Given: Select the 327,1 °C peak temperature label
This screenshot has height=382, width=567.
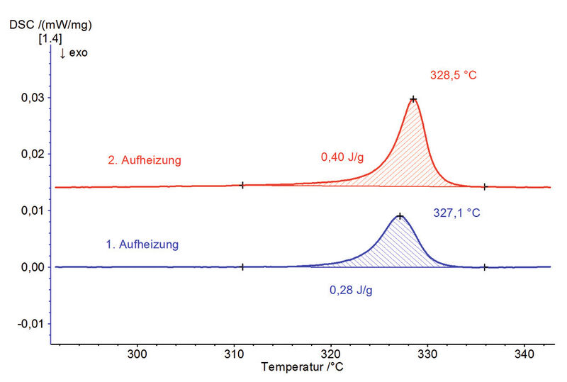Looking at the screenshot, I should point(456,211).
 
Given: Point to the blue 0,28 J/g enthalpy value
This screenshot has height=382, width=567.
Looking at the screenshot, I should point(353,290).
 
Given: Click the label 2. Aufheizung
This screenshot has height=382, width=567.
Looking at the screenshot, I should point(144,160).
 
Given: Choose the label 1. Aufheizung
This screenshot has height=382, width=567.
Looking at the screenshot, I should point(142,245).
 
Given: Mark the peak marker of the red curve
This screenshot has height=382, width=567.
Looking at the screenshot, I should point(413,99).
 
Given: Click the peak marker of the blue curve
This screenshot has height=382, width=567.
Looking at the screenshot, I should point(400,216).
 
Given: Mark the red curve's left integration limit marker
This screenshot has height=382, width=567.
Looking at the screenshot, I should point(242,185).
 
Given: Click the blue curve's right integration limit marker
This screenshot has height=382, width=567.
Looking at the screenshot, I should point(485,267).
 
